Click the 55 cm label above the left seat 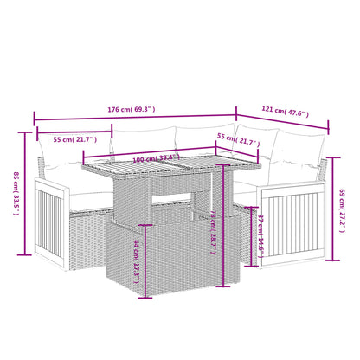pos(74,139)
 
